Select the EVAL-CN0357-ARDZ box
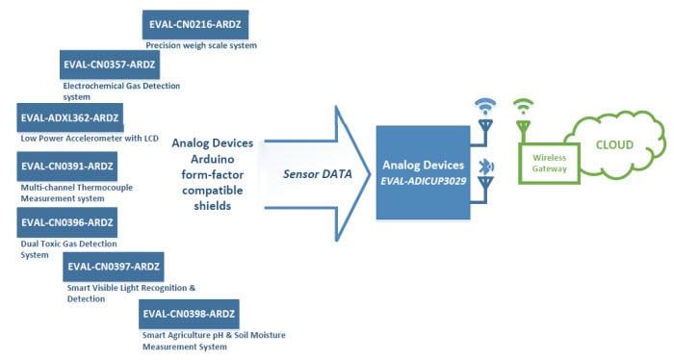tap(108, 66)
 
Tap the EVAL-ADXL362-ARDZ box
tap(70, 118)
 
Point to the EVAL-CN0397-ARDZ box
tap(113, 267)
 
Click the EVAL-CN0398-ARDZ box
tap(188, 314)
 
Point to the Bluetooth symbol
tap(487, 167)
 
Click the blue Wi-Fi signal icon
tap(486, 106)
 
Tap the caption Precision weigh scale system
tap(200, 45)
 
